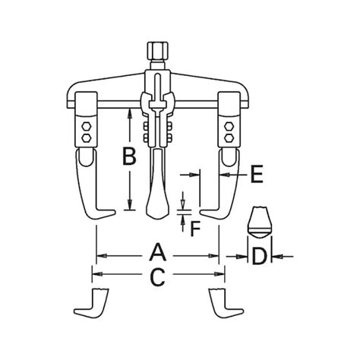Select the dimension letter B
pyautogui.click(x=130, y=158)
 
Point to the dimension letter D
pyautogui.click(x=261, y=256)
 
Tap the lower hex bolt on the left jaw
pyautogui.click(x=86, y=140)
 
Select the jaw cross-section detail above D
pyautogui.click(x=260, y=223)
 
